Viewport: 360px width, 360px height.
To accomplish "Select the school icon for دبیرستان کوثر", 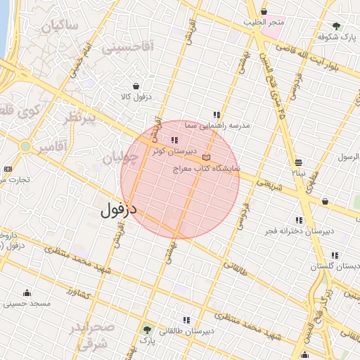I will click(x=174, y=141).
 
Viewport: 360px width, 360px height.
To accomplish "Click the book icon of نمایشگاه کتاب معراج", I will click(x=206, y=157).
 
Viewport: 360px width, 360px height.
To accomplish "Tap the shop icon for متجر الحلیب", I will click(x=264, y=11).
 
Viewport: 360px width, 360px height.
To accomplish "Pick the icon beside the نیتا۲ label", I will click(x=300, y=161).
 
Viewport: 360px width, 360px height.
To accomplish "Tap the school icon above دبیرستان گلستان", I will click(x=335, y=255).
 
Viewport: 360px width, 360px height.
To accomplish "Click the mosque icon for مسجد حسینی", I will click(x=27, y=292).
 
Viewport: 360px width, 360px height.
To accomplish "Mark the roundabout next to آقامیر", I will click(x=26, y=147).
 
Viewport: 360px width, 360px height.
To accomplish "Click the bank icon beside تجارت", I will click(x=8, y=169).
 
